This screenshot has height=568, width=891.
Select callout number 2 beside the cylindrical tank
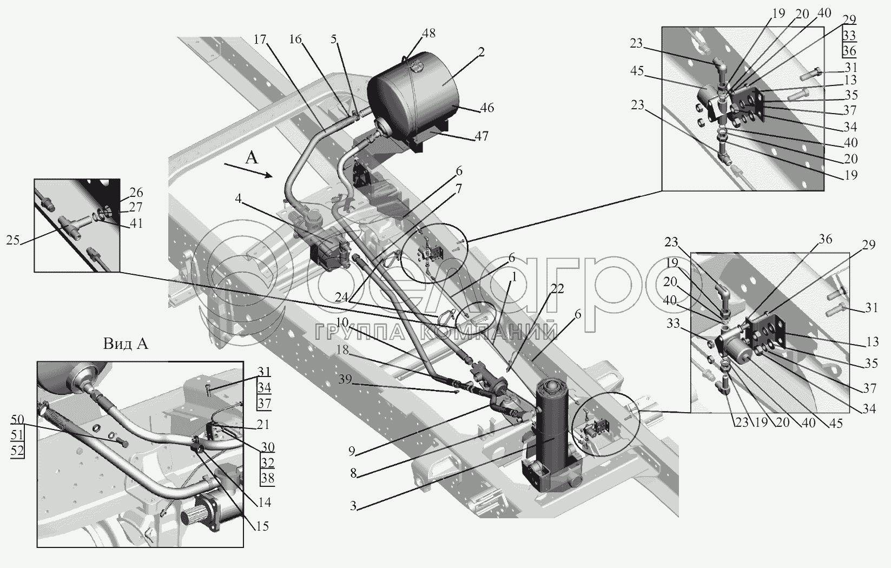pyautogui.click(x=481, y=52)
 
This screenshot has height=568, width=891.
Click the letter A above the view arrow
pyautogui.click(x=252, y=158)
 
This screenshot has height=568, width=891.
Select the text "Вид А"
pyautogui.click(x=126, y=344)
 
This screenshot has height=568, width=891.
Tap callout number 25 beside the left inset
pyautogui.click(x=13, y=240)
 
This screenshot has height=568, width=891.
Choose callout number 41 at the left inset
pyautogui.click(x=136, y=223)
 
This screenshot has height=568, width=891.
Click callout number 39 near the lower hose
pyautogui.click(x=345, y=379)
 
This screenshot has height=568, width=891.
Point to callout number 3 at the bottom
pyautogui.click(x=353, y=506)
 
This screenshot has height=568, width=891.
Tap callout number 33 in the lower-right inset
pyautogui.click(x=673, y=324)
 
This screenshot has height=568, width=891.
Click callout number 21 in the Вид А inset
pyautogui.click(x=262, y=425)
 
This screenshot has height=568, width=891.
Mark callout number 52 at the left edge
pyautogui.click(x=17, y=451)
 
